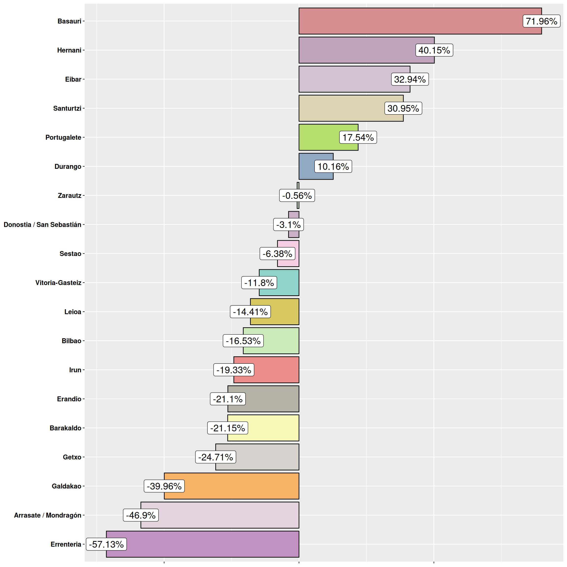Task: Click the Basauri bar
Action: (411, 21)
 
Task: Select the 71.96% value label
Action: (541, 21)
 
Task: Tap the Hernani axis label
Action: (69, 50)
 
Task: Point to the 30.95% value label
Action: (403, 108)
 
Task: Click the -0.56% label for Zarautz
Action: (297, 195)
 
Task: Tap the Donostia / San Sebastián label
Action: (42, 224)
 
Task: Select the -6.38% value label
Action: (277, 253)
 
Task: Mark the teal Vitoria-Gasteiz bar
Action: (288, 283)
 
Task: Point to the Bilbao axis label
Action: (71, 341)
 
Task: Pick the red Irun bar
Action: (276, 370)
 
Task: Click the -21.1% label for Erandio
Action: (228, 399)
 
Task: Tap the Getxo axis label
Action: (72, 457)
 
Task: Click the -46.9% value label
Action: (141, 515)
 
